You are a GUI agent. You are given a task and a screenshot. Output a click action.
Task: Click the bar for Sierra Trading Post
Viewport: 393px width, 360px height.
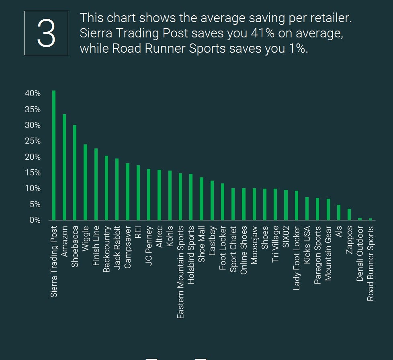click(54, 155)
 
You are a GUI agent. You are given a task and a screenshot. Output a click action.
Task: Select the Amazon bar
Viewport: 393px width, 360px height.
click(64, 167)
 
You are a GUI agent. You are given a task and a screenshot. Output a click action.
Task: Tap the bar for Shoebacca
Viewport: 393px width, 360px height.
click(75, 173)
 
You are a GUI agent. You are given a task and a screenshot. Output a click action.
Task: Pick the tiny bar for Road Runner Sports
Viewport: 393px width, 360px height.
click(370, 219)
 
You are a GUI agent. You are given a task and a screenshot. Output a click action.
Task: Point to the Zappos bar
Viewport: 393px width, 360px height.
click(349, 214)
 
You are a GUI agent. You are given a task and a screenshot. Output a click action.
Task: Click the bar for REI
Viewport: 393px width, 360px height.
click(138, 193)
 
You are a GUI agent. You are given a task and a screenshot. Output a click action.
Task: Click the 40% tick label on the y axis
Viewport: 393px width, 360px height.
click(33, 94)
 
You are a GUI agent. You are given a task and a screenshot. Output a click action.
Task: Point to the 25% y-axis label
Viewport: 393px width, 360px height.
click(33, 141)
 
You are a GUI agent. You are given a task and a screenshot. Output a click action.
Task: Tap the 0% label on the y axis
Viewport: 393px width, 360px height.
click(35, 220)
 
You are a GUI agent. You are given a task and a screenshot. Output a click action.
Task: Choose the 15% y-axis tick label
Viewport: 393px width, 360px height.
click(33, 173)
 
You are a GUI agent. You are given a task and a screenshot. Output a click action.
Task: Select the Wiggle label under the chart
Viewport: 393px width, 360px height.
click(86, 239)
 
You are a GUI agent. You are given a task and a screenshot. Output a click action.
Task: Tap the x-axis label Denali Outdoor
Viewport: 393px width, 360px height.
click(360, 253)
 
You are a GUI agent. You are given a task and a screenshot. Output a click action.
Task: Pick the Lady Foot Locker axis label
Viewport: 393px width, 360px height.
click(297, 258)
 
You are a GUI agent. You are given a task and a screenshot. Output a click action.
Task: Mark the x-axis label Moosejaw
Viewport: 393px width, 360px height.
click(254, 245)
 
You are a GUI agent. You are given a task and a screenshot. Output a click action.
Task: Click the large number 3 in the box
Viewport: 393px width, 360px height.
click(46, 33)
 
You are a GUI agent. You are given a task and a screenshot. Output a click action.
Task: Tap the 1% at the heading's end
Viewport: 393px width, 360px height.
click(299, 49)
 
